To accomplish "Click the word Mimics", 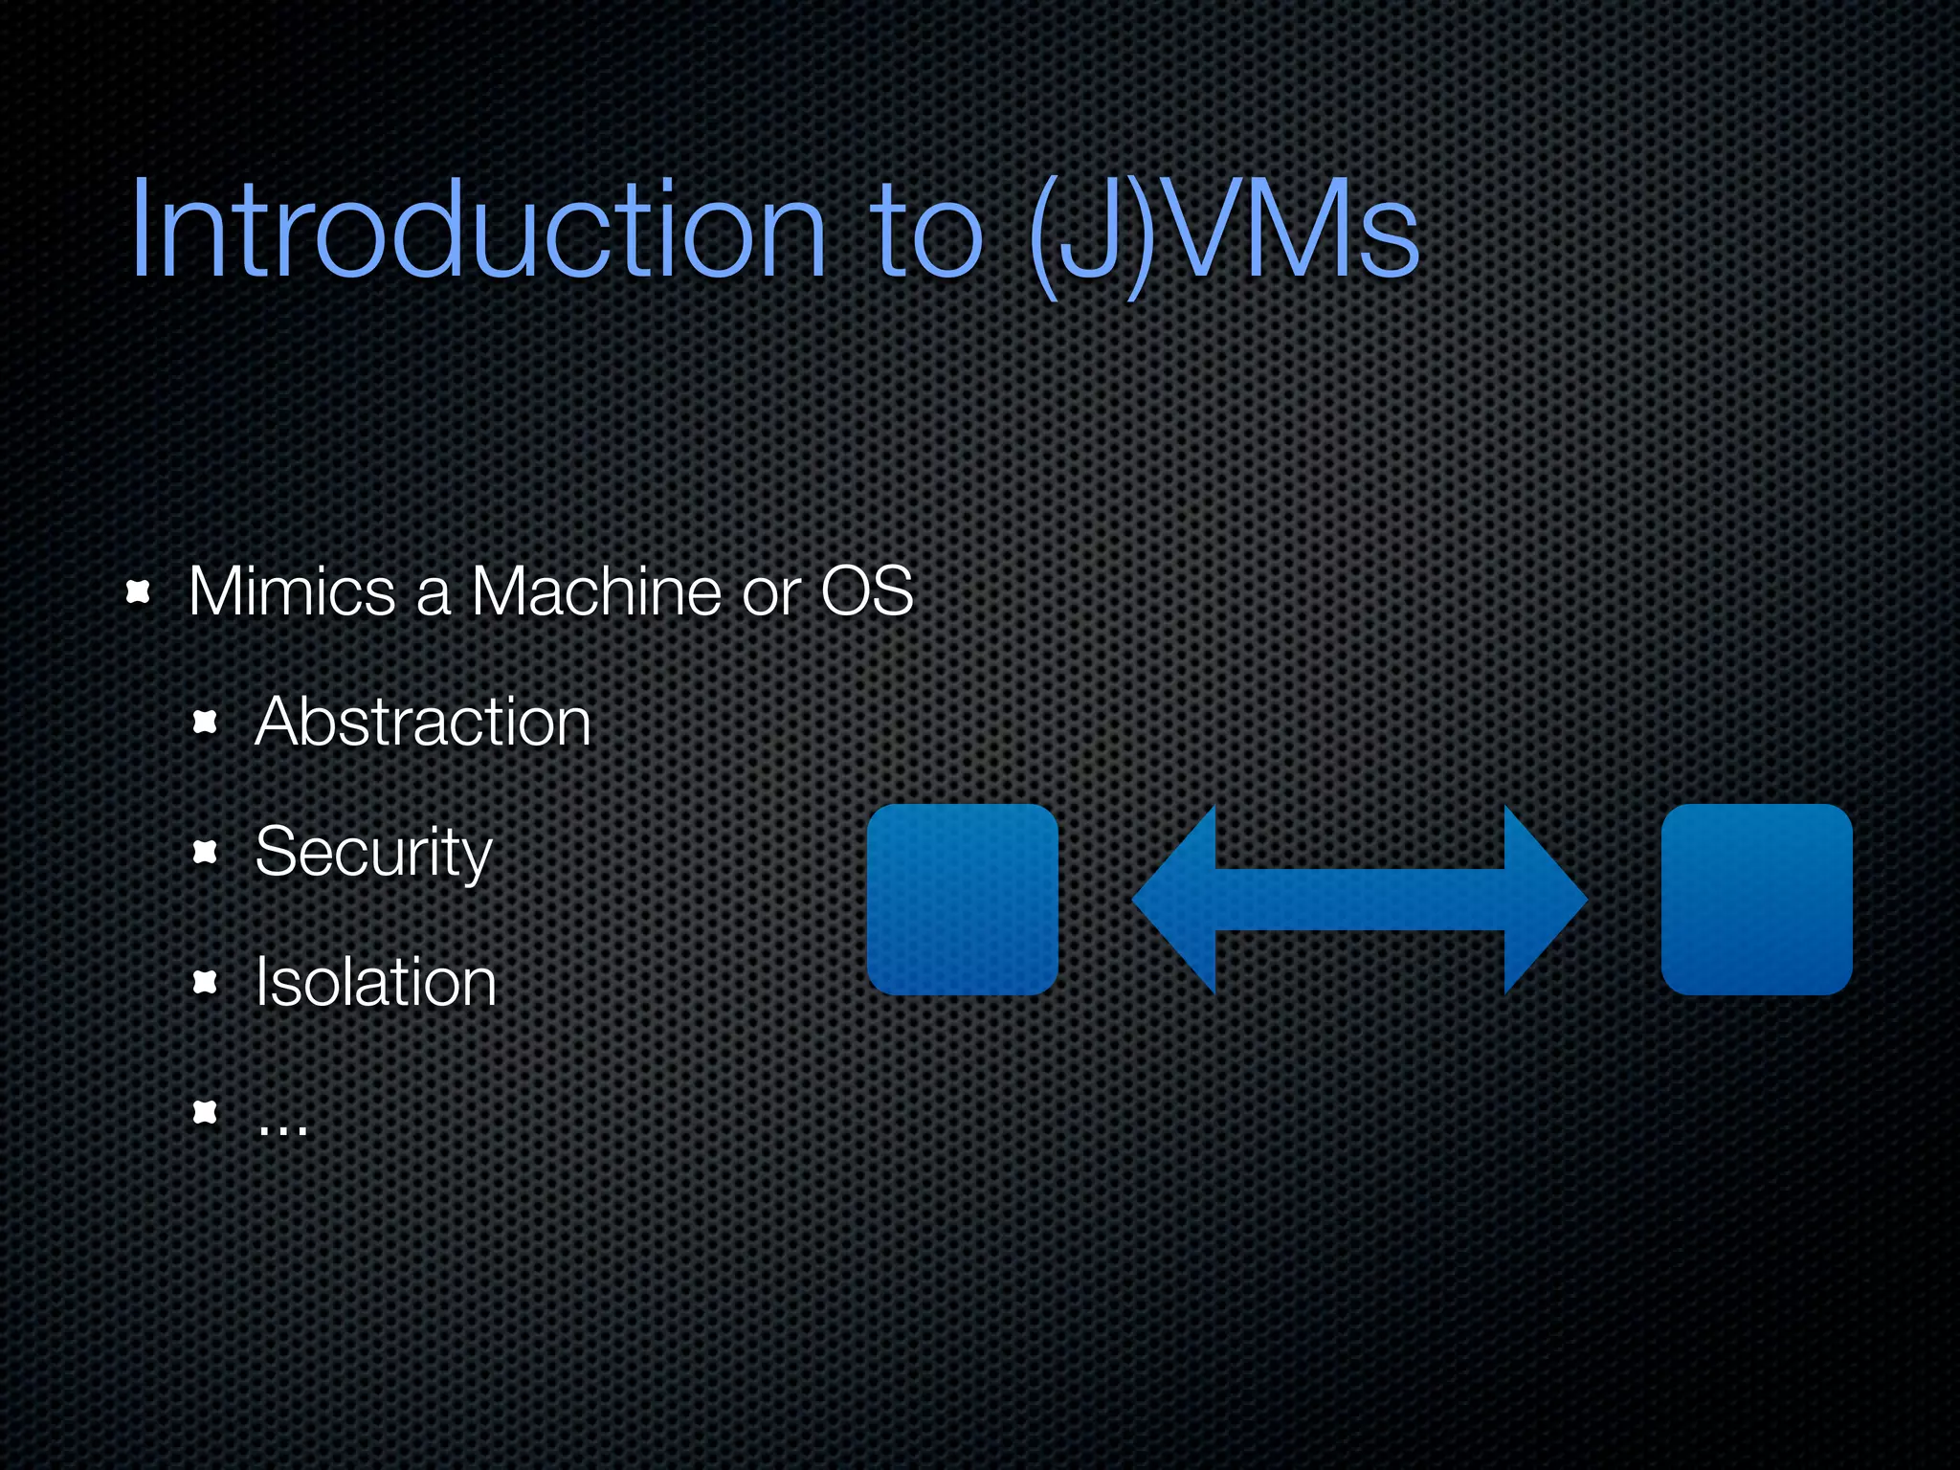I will (x=292, y=591).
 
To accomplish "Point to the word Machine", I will (x=596, y=591).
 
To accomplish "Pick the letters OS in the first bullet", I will (x=867, y=591).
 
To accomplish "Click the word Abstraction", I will (x=423, y=722).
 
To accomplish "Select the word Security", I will (x=373, y=852).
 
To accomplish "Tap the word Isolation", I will (x=376, y=982).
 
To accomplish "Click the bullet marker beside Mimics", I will (x=139, y=592).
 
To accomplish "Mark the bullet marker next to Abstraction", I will (x=206, y=722).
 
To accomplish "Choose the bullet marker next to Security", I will (x=206, y=851).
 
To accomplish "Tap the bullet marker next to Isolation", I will (x=206, y=982).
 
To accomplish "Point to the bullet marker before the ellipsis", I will (x=206, y=1112).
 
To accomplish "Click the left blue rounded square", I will (x=962, y=900).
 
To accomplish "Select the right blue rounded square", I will (x=1756, y=900).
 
